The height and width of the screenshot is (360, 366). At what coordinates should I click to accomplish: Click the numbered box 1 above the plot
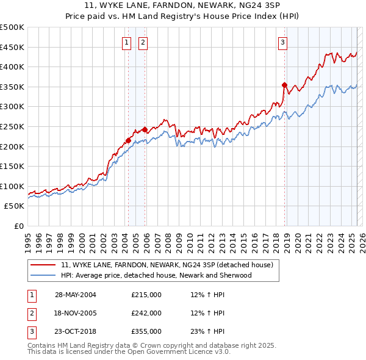pyautogui.click(x=126, y=42)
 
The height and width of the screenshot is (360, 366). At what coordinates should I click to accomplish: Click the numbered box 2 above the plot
pyautogui.click(x=142, y=42)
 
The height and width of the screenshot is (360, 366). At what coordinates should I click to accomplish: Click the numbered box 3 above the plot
pyautogui.click(x=283, y=42)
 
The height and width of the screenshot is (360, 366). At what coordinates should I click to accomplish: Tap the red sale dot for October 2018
pyautogui.click(x=284, y=85)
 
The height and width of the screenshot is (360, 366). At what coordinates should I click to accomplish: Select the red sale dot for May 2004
pyautogui.click(x=129, y=140)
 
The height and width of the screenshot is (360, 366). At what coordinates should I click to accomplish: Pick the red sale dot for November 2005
pyautogui.click(x=145, y=129)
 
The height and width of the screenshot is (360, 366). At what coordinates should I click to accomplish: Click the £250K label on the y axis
pyautogui.click(x=12, y=126)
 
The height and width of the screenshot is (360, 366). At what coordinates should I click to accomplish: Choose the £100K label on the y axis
pyautogui.click(x=12, y=186)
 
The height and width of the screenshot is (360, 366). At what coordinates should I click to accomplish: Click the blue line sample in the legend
pyautogui.click(x=43, y=275)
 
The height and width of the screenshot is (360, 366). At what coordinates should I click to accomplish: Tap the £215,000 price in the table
pyautogui.click(x=146, y=295)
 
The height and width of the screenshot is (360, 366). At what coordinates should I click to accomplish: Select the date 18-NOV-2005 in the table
pyautogui.click(x=76, y=313)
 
